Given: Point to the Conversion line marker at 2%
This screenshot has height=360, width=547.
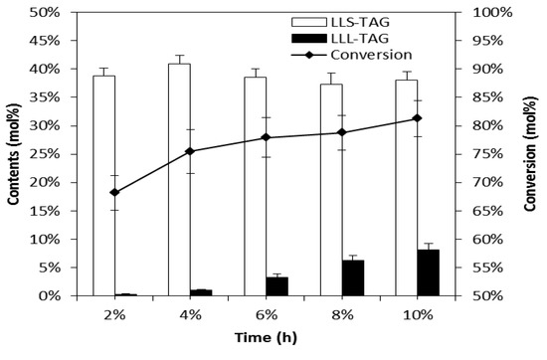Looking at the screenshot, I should pos(114,192).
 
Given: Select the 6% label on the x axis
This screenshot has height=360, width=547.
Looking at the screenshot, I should pos(266,315).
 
